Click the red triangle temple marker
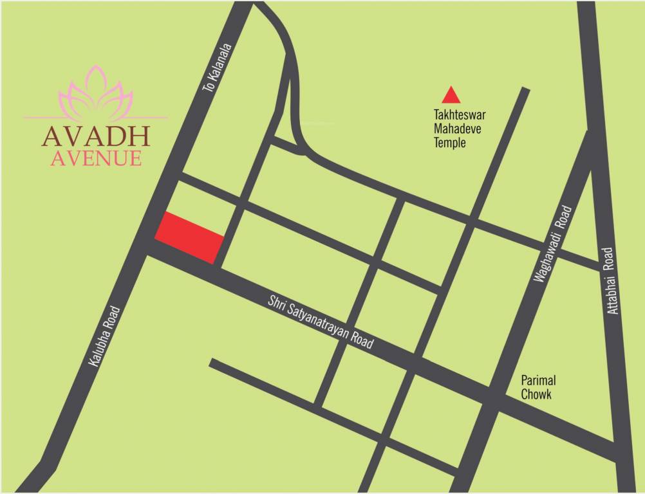pos(451,96)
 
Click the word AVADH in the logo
pos(96,136)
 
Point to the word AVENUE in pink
pos(96,158)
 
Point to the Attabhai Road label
pos(614,280)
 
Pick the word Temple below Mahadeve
pos(449,143)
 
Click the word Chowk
pos(536,394)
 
